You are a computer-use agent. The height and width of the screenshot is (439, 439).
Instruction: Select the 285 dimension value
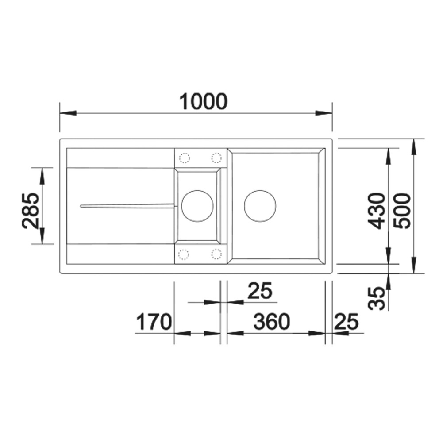[30, 211]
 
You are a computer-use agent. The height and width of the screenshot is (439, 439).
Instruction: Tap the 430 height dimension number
[377, 211]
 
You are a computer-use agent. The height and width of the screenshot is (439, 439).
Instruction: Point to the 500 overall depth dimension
[401, 211]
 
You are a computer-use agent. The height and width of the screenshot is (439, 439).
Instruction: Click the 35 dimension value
[377, 298]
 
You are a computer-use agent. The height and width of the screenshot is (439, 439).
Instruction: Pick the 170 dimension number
[154, 322]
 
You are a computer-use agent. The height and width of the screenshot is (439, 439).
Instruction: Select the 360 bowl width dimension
[272, 322]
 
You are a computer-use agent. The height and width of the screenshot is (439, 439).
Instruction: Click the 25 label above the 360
[260, 291]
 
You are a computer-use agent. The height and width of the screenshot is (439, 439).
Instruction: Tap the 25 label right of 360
[346, 322]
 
